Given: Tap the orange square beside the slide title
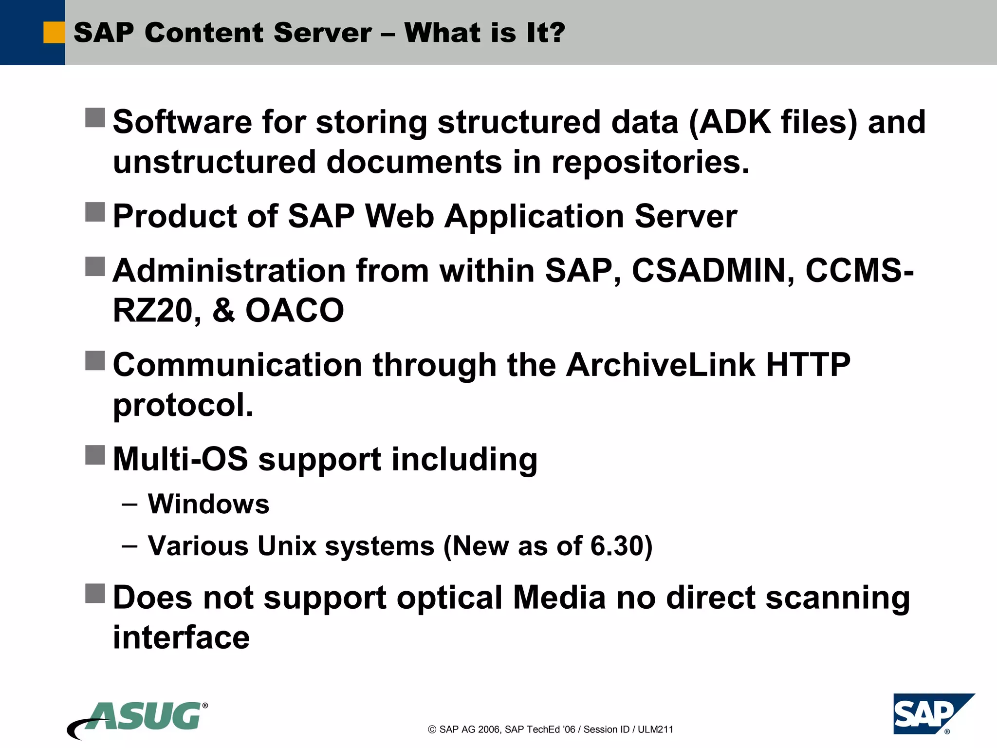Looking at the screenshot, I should (x=54, y=33).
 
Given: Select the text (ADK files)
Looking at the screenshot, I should (x=773, y=122).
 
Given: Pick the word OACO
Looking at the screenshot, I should (x=295, y=310).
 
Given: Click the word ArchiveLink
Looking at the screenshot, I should (x=661, y=365).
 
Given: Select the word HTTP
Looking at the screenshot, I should (x=808, y=365).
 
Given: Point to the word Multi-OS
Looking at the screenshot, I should (x=180, y=459).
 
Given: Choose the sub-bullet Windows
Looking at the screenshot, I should (x=208, y=504).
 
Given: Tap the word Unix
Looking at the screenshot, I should (x=287, y=546).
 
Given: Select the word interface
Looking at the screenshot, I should (x=181, y=638).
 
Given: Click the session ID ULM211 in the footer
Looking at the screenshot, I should (x=655, y=729).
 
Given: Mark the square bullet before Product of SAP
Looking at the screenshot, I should (x=95, y=212).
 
